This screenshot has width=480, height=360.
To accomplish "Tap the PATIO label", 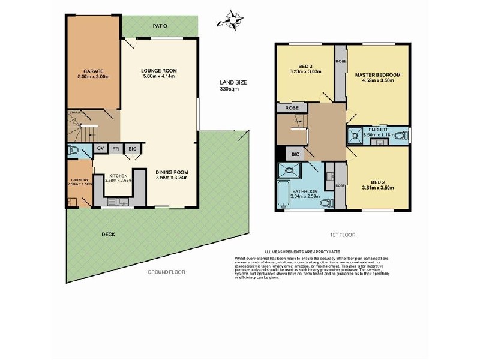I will [160, 26].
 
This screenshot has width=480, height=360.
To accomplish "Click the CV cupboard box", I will [101, 149].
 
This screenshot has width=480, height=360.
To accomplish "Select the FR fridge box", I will [116, 149].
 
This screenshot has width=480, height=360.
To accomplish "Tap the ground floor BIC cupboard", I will [132, 149].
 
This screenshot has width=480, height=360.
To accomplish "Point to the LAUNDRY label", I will [79, 179].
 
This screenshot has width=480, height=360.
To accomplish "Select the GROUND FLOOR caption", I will [166, 272].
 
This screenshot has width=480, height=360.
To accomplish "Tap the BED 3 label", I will [306, 66].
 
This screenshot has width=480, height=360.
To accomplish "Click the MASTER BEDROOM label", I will [377, 75].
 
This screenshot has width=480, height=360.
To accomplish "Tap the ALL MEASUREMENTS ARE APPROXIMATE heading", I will [302, 253].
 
